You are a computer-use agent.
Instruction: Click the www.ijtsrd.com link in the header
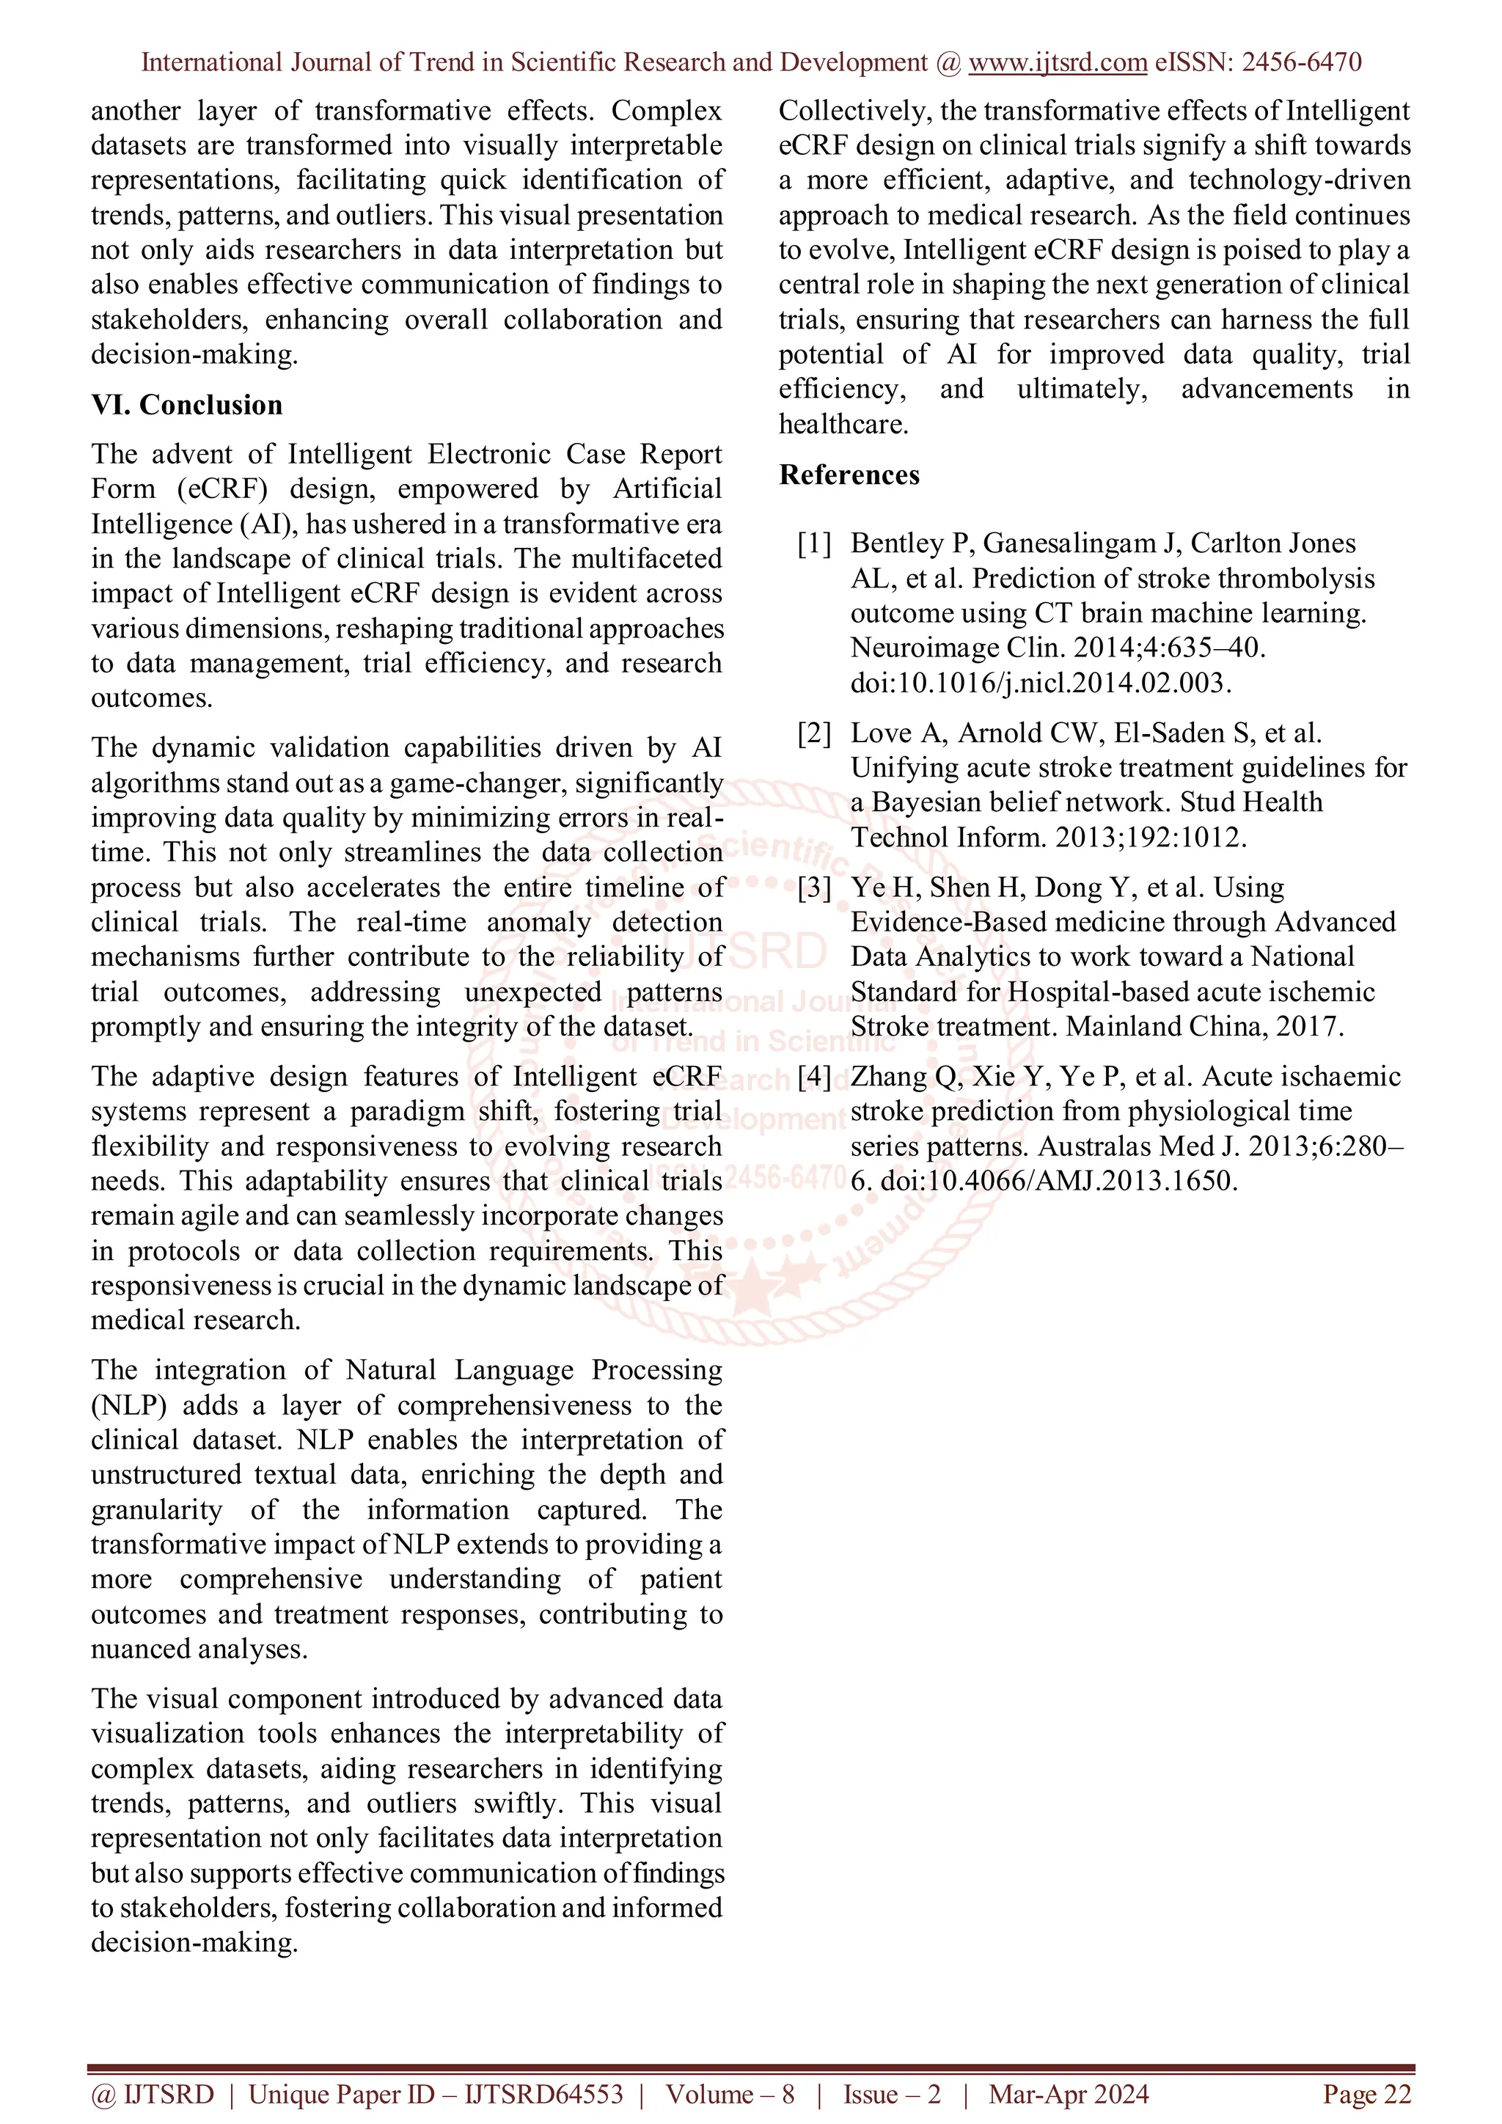pos(1057,62)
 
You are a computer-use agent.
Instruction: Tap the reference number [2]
pos(814,733)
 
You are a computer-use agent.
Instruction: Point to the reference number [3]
pos(814,887)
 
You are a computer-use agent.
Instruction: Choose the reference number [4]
pos(814,1076)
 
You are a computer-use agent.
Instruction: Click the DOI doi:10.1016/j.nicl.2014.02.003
pos(1041,683)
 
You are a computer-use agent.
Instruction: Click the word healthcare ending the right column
pos(842,424)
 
